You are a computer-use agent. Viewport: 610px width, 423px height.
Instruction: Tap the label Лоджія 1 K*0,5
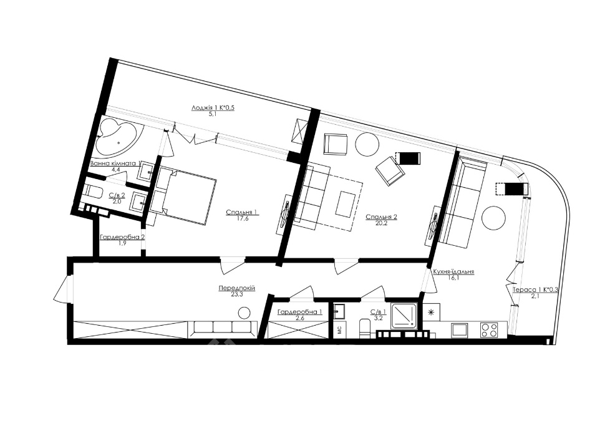pyautogui.click(x=213, y=108)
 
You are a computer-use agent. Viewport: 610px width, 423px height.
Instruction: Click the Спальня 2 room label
pyautogui.click(x=381, y=218)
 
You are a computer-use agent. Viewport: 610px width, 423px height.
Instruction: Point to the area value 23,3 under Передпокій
pyautogui.click(x=236, y=294)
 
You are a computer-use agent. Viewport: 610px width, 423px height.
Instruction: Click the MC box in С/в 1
pyautogui.click(x=339, y=331)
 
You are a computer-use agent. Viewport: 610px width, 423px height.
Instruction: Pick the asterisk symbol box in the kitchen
pyautogui.click(x=431, y=312)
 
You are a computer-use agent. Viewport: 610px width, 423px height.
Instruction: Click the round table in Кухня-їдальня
pyautogui.click(x=494, y=219)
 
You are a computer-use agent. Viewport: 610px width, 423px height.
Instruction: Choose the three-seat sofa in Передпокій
pyautogui.click(x=222, y=329)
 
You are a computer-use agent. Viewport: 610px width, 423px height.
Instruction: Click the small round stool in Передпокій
pyautogui.click(x=244, y=313)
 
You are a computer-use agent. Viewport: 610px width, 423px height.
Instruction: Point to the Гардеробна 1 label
pyautogui.click(x=299, y=312)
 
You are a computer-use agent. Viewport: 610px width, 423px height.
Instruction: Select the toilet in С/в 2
pyautogui.click(x=94, y=192)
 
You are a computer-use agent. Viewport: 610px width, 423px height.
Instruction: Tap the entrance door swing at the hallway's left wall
pyautogui.click(x=61, y=288)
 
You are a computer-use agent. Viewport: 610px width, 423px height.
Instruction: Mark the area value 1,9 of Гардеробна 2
pyautogui.click(x=122, y=243)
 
